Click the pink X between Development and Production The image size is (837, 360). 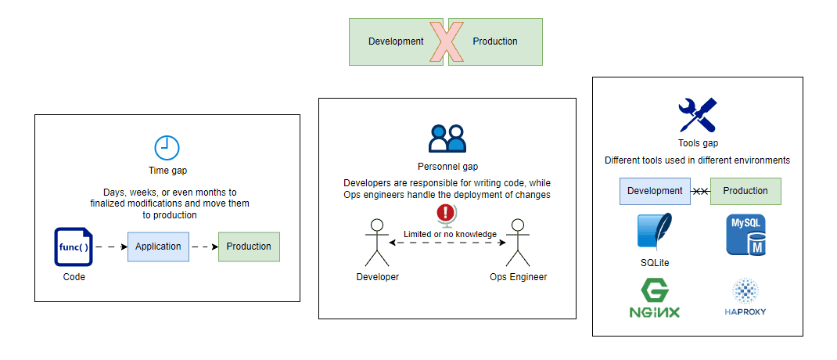[447, 41]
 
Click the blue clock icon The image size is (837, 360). [167, 147]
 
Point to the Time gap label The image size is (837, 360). [167, 170]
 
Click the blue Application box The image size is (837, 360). [158, 247]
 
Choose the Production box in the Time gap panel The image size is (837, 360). [249, 247]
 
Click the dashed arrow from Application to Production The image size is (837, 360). [203, 247]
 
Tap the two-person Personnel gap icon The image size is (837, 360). [447, 139]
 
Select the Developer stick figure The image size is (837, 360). [377, 243]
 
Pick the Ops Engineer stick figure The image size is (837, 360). [517, 243]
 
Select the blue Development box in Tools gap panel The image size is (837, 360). [655, 191]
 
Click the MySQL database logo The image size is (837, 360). [745, 235]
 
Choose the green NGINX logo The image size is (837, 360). [654, 300]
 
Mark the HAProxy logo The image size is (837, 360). [745, 298]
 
